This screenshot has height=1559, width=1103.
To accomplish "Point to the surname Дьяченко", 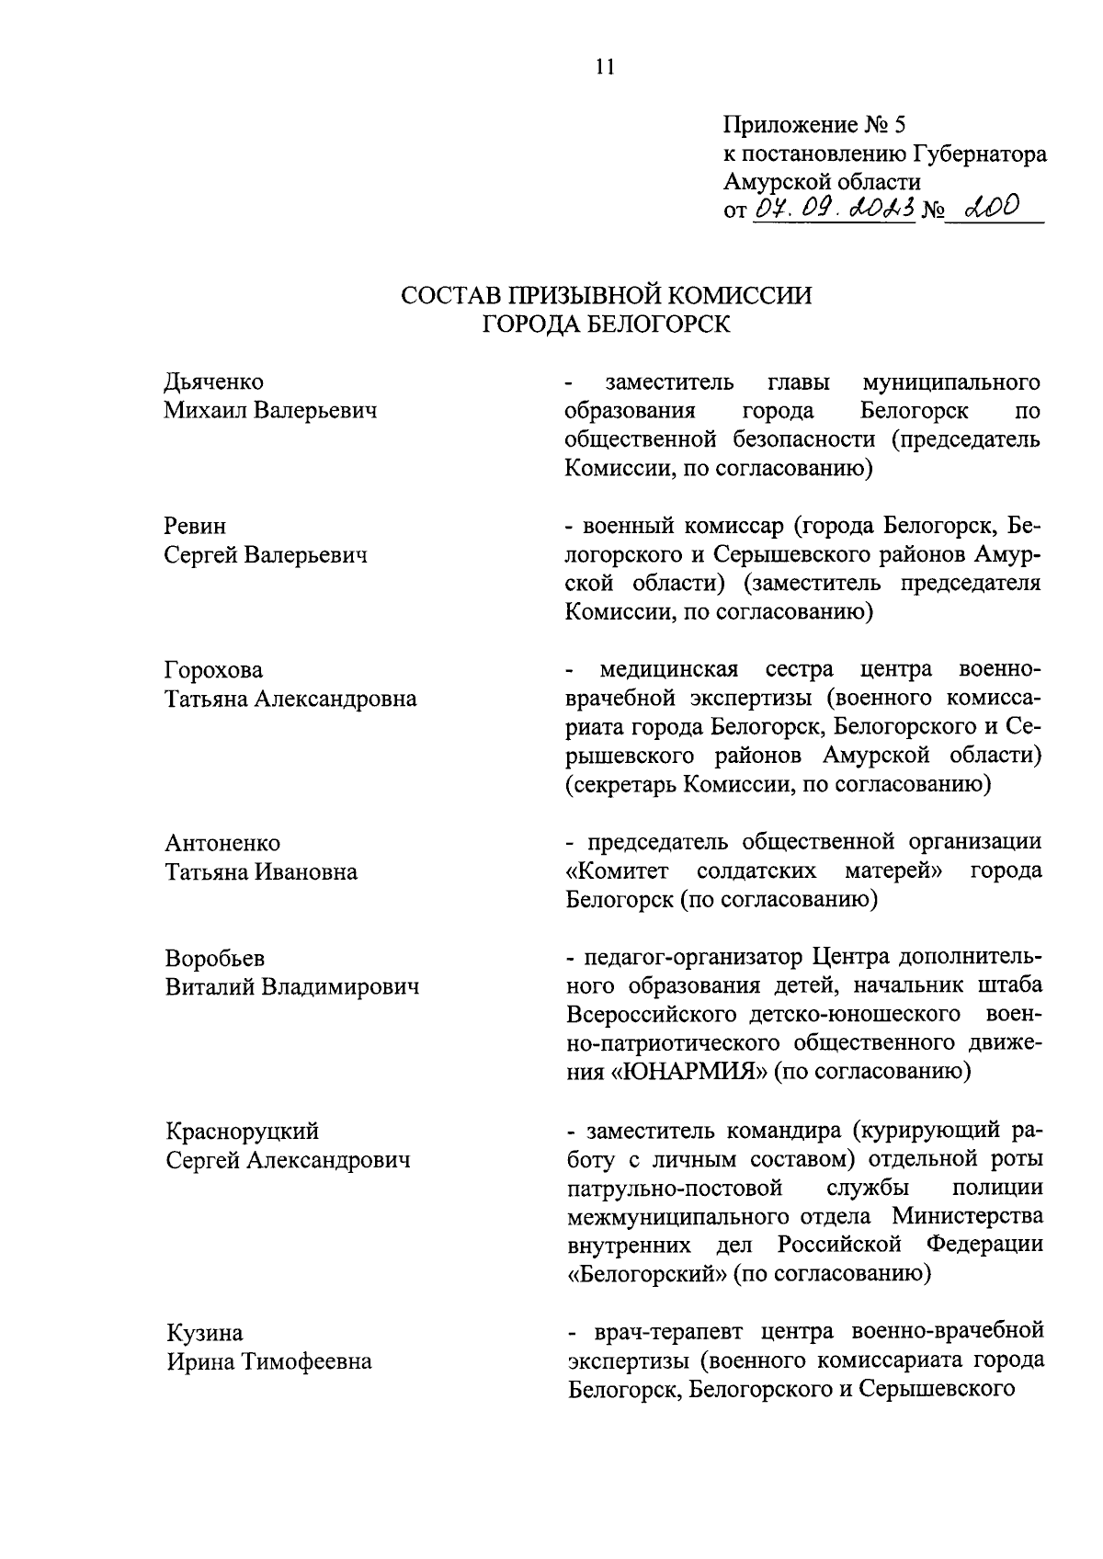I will (213, 381).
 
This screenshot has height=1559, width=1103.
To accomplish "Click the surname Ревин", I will (195, 526).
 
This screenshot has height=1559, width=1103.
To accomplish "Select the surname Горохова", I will (213, 669).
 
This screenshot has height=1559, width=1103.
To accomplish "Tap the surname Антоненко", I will (222, 842).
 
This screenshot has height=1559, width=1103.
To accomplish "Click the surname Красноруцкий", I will (242, 1131).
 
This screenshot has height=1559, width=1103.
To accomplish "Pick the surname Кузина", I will (204, 1332).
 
